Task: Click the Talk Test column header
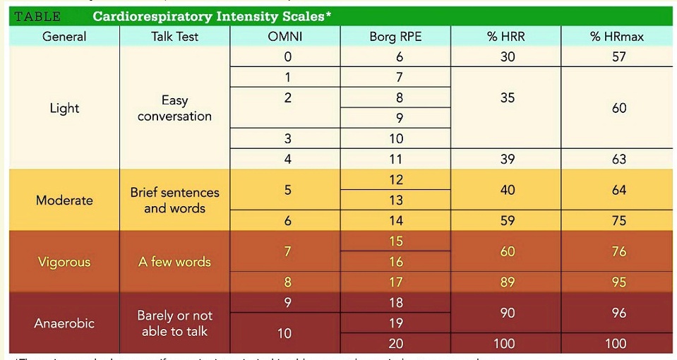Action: point(174,37)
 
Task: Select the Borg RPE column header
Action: point(395,37)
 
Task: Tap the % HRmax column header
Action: point(618,37)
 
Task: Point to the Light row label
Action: point(64,108)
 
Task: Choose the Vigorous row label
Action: point(64,262)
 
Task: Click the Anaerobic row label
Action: point(64,323)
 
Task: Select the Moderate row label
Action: point(64,200)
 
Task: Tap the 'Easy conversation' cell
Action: point(174,108)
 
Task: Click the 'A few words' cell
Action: point(174,262)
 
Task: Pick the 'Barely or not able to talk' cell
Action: point(174,323)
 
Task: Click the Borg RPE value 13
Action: point(395,200)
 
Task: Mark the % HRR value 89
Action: point(507,282)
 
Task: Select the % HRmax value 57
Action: point(618,57)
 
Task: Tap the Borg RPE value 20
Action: point(395,344)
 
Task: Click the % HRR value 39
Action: point(507,160)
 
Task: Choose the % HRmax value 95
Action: point(618,282)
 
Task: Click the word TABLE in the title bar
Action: point(37,16)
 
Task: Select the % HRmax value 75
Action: point(618,221)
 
